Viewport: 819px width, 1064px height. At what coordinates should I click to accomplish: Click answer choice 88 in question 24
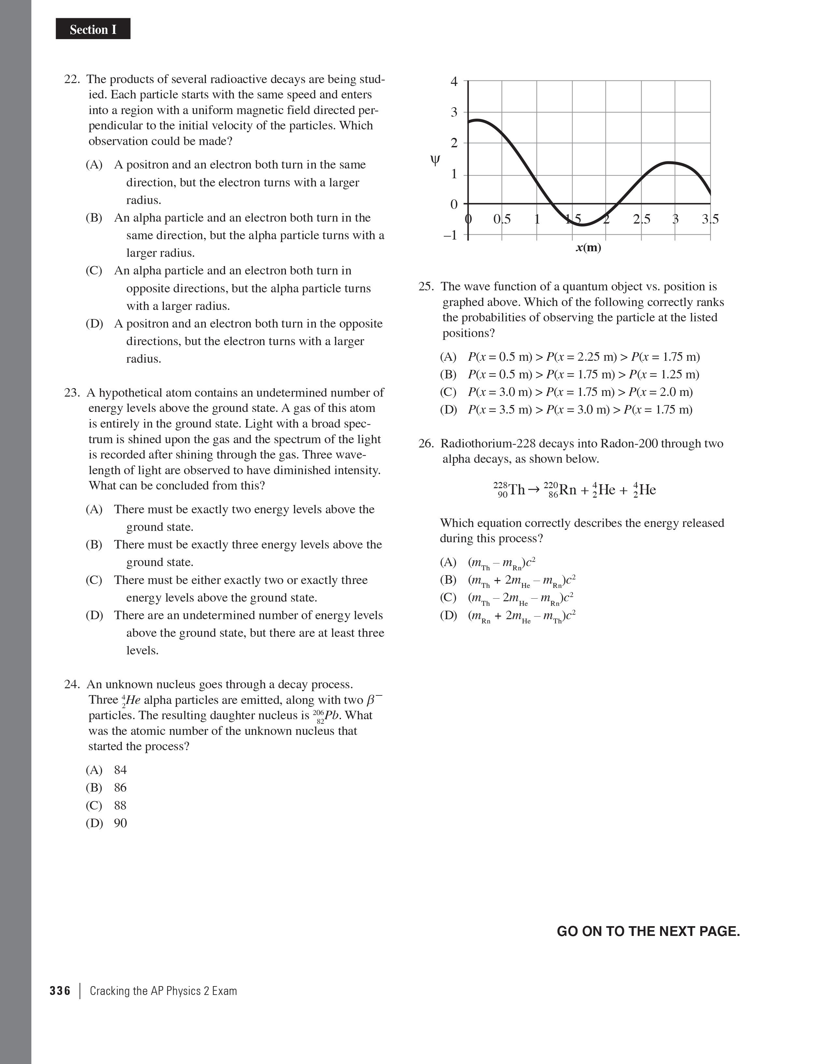pyautogui.click(x=120, y=805)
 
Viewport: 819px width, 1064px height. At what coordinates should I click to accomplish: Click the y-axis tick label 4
pyautogui.click(x=454, y=82)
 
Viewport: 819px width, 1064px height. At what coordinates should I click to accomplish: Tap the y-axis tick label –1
pyautogui.click(x=450, y=235)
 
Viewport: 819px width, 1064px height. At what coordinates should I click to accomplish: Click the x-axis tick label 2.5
pyautogui.click(x=641, y=219)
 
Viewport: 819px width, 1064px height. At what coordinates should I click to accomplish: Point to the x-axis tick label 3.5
pyautogui.click(x=710, y=219)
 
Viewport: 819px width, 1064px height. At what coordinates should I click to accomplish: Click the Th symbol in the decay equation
pyautogui.click(x=516, y=489)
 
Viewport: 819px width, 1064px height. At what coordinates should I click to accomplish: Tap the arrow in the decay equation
pyautogui.click(x=534, y=489)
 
